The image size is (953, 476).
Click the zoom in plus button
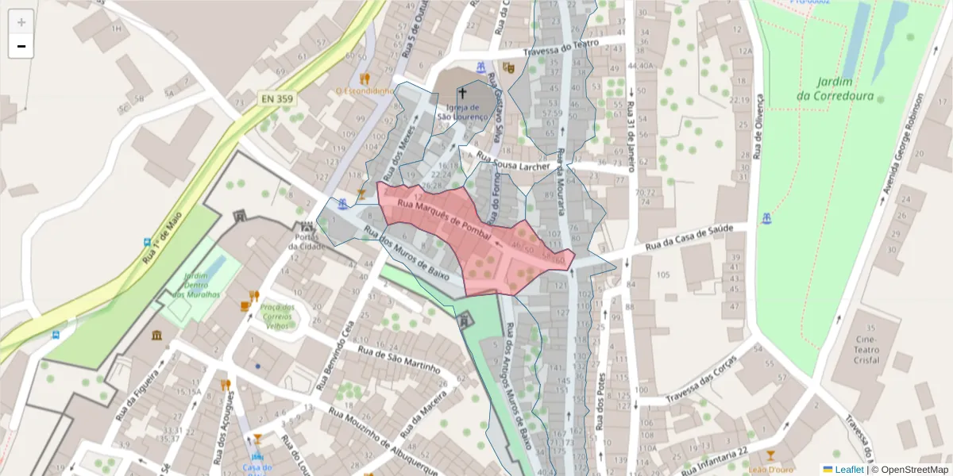tap(21, 22)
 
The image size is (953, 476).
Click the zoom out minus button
tap(21, 46)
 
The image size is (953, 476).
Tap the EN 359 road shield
tap(276, 99)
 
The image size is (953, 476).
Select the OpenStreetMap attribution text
tap(910, 470)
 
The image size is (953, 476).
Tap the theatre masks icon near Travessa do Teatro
tap(509, 68)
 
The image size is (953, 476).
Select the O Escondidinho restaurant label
tap(365, 90)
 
